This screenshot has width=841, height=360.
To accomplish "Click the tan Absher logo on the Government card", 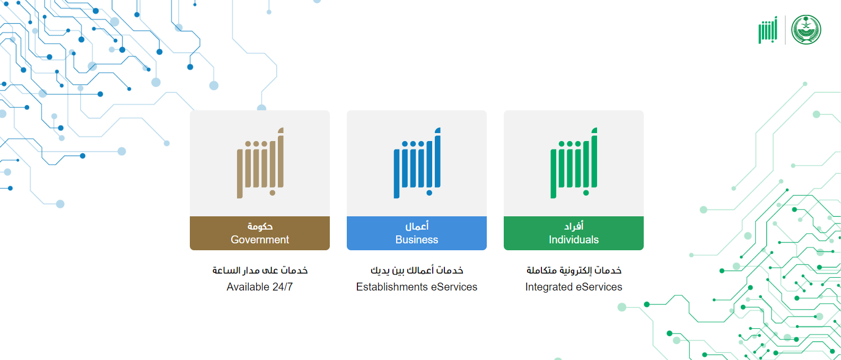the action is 260,163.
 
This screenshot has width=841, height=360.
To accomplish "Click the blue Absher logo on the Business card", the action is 417,163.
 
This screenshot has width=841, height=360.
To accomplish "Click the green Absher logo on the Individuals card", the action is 574,163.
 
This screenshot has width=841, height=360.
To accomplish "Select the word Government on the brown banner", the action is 260,240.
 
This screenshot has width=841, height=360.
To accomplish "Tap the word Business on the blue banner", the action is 417,240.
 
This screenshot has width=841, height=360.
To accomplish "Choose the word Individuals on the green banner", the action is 574,240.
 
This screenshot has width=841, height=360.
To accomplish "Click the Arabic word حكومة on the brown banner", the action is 260,226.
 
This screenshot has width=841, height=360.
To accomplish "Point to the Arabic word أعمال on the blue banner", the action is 417,226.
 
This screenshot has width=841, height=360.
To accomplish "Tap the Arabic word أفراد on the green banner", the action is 574,226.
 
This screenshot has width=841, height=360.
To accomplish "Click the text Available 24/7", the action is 259,287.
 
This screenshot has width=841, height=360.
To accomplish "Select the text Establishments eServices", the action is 417,287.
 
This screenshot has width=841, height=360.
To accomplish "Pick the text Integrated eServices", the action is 574,287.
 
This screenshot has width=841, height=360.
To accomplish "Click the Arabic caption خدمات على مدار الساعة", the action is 260,270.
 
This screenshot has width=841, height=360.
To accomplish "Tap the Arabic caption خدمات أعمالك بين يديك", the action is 417,270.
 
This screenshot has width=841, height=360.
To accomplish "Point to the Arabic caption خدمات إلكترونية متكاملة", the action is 574,270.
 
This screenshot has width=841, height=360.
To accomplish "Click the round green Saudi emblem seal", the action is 806,30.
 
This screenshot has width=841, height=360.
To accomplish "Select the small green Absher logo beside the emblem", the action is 768,30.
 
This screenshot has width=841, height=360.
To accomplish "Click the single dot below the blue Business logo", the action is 429,193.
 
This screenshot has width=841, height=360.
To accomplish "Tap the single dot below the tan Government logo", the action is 272,193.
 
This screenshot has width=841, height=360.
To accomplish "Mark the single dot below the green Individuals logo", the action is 586,193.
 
